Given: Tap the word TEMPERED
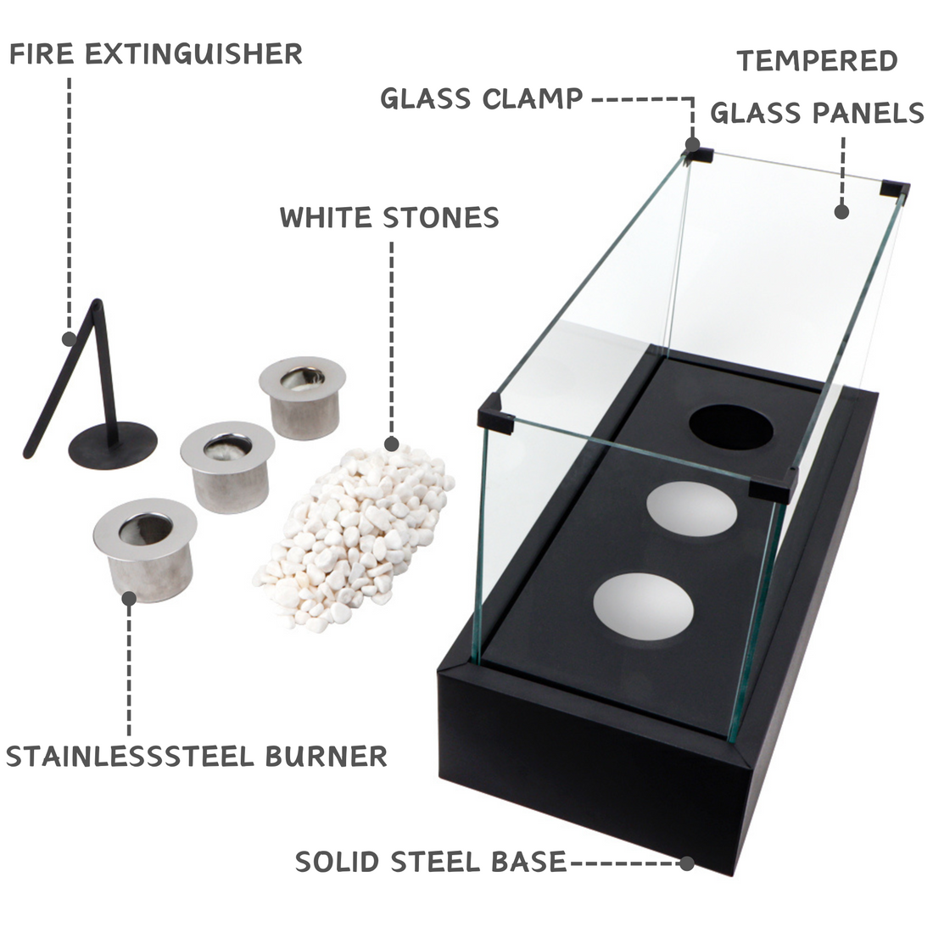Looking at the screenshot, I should [817, 61].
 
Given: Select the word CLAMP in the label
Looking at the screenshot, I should [532, 98].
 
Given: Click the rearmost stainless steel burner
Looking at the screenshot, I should [301, 396].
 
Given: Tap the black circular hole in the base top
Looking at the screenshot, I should [731, 427].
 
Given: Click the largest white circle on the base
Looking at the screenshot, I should [644, 608].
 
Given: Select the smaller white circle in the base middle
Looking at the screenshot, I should [691, 510].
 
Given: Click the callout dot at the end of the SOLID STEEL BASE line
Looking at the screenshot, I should [687, 863].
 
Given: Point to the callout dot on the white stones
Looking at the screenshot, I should [391, 443].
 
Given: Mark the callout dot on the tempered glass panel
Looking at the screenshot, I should [841, 211].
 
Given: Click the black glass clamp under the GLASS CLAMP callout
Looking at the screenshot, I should [700, 154].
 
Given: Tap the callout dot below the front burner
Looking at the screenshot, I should [129, 599].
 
